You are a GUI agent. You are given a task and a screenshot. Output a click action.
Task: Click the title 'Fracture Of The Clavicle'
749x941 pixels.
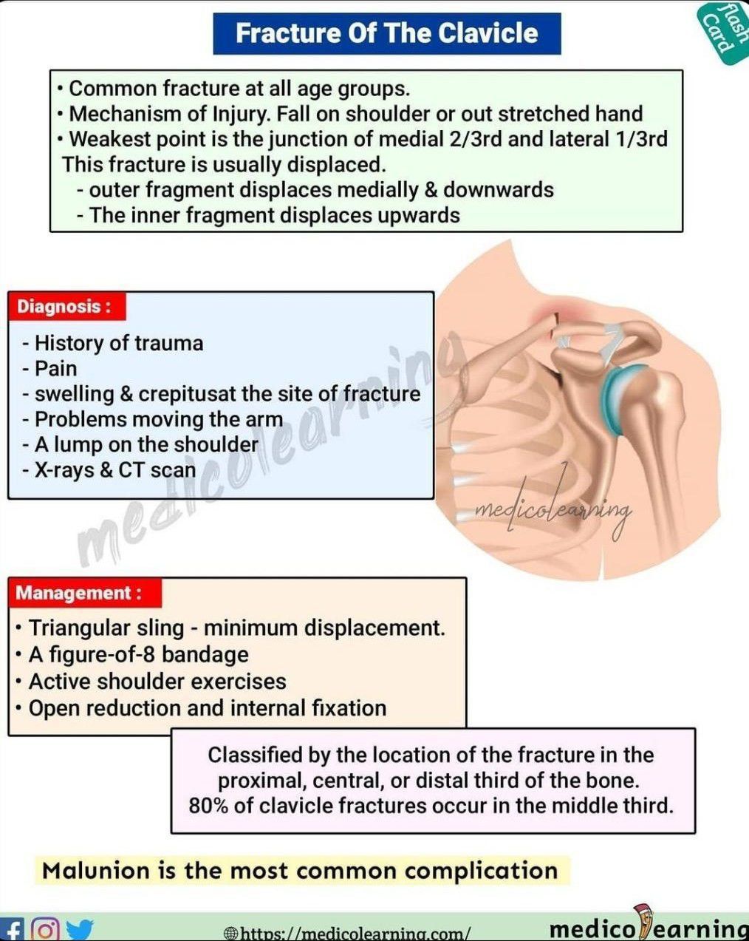tap(387, 33)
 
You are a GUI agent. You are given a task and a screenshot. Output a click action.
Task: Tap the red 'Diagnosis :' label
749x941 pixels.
tap(67, 306)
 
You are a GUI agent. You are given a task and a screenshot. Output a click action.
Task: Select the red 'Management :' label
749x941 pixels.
tap(85, 593)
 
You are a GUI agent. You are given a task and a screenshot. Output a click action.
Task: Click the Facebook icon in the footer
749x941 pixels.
tap(12, 930)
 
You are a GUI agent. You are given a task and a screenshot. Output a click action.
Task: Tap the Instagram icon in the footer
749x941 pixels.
tap(46, 929)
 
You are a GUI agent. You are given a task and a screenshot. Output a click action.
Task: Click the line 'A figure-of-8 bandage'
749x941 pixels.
tap(139, 655)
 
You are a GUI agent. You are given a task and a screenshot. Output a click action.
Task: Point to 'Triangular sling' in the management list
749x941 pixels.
tap(106, 628)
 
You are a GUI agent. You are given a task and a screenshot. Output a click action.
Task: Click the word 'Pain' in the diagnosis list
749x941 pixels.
tap(55, 369)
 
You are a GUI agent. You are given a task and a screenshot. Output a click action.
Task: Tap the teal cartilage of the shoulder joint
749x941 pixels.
tap(612, 401)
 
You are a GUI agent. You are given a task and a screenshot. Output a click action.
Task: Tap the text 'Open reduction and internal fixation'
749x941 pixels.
tap(208, 708)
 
